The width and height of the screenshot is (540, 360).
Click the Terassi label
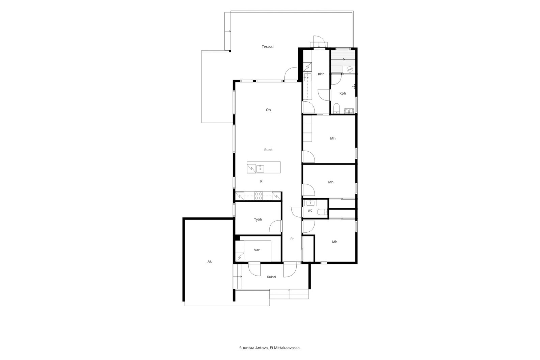(x=268, y=47)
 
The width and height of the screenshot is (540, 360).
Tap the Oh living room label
(x=268, y=110)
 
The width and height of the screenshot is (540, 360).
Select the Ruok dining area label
(x=268, y=150)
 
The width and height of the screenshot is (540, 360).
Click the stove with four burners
(x=259, y=196)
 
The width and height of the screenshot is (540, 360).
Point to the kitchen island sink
(x=260, y=169)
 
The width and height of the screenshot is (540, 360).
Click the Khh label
(x=321, y=74)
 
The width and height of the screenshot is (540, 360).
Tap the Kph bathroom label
(x=343, y=94)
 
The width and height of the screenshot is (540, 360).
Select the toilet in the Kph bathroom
(x=336, y=108)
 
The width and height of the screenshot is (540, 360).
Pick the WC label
(x=310, y=211)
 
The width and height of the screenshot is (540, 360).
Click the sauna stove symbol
(x=350, y=69)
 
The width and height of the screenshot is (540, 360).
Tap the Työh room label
(x=258, y=220)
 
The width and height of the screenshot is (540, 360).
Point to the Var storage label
(x=257, y=250)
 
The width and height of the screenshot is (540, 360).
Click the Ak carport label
(x=210, y=261)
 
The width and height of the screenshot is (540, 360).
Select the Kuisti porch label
(x=271, y=277)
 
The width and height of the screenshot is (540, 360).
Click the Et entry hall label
(x=292, y=239)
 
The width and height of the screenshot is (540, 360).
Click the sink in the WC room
(x=310, y=203)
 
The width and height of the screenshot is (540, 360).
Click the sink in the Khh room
(x=307, y=77)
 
